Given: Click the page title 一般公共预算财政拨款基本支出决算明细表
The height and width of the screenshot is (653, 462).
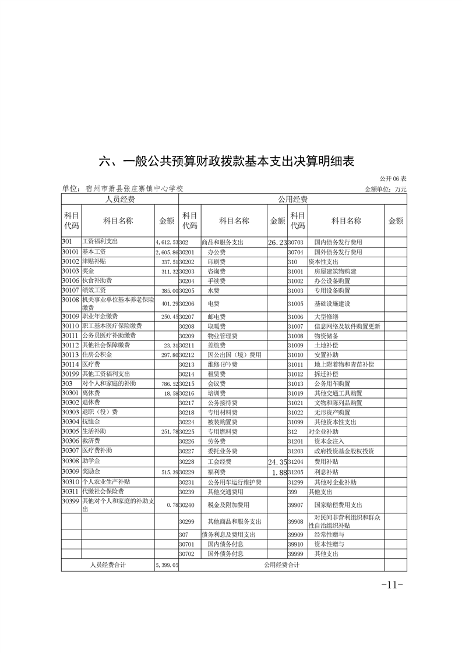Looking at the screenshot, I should (227, 161).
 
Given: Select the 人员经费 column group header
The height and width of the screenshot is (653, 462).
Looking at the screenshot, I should (119, 200).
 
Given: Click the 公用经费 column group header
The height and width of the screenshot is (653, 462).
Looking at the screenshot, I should (292, 200).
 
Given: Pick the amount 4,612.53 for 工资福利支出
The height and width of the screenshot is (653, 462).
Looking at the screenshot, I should (166, 242).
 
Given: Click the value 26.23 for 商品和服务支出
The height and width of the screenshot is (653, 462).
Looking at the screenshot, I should (277, 242).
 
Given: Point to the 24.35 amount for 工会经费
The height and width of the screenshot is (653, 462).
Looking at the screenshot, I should (277, 462).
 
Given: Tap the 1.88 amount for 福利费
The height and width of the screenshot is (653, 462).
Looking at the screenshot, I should (280, 473).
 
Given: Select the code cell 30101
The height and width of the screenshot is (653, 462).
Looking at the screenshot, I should (70, 252).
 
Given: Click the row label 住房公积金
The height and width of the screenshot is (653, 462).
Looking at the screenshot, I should (97, 354).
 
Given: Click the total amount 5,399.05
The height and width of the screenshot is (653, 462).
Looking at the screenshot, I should (166, 565).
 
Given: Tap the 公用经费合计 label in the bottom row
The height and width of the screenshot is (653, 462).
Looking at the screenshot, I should (281, 565).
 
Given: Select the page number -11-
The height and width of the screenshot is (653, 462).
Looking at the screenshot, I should (392, 585).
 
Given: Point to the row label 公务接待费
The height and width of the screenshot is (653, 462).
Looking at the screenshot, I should (222, 403).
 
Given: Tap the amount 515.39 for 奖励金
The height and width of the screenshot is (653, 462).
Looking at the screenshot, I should (166, 473).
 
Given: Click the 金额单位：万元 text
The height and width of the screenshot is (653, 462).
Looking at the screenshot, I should (385, 189).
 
